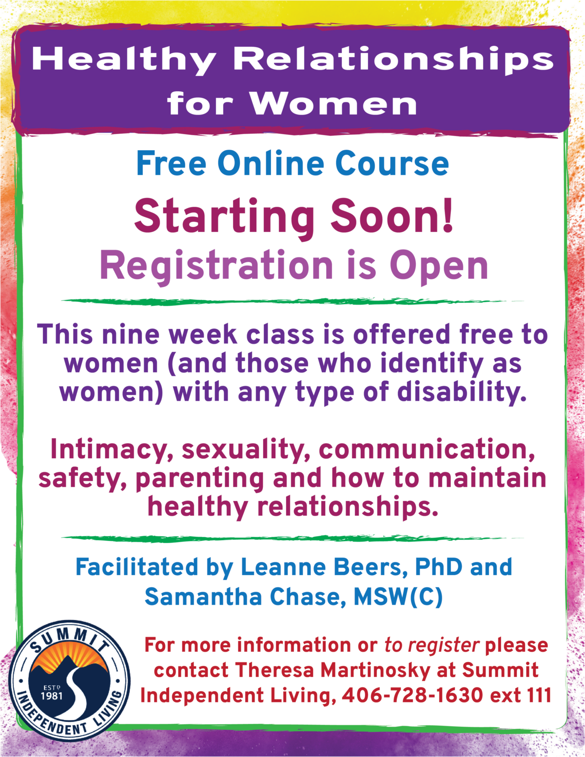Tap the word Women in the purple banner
coord(333,103)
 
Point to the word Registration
coord(216,266)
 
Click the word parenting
coord(200,479)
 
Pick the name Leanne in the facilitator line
coord(283,567)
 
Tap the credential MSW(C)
coord(398,597)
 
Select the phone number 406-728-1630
coord(412,696)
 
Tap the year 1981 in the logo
coord(52,696)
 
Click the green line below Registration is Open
coord(292,302)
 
